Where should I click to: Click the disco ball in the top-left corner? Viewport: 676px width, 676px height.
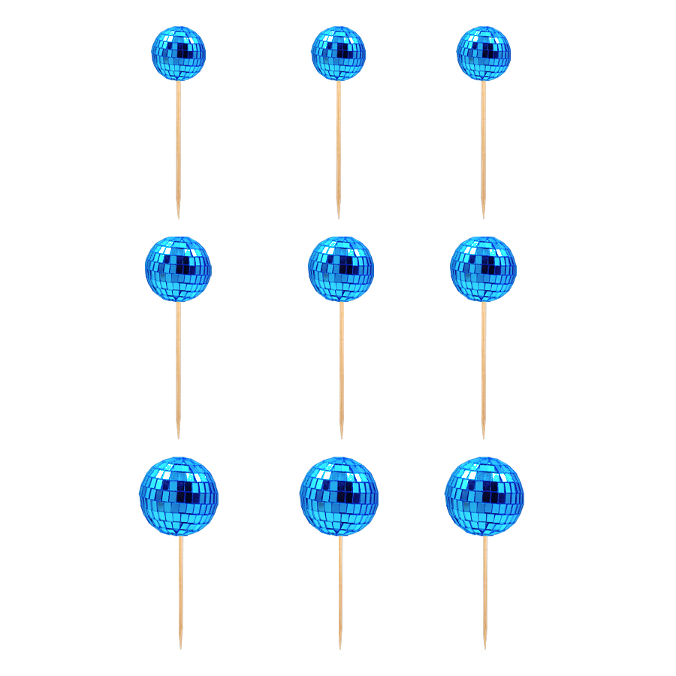pyautogui.click(x=178, y=53)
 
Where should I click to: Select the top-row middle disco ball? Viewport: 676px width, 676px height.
pyautogui.click(x=338, y=53)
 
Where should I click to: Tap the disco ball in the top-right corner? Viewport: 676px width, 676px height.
pyautogui.click(x=483, y=53)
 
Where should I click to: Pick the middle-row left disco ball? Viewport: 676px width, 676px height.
pyautogui.click(x=178, y=269)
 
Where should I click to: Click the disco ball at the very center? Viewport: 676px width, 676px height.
pyautogui.click(x=340, y=269)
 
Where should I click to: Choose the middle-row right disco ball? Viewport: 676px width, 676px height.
pyautogui.click(x=483, y=269)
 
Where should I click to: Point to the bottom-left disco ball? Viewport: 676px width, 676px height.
pyautogui.click(x=179, y=496)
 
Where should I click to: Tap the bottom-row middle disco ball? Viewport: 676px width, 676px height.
pyautogui.click(x=339, y=496)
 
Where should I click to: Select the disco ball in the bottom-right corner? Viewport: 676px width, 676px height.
pyautogui.click(x=484, y=496)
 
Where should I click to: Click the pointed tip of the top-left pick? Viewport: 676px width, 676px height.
pyautogui.click(x=178, y=217)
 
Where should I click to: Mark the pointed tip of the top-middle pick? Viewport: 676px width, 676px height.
pyautogui.click(x=338, y=217)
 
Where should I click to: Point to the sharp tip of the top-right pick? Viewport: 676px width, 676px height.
pyautogui.click(x=483, y=217)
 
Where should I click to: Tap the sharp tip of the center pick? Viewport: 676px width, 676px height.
pyautogui.click(x=341, y=438)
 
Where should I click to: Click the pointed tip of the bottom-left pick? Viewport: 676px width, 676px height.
pyautogui.click(x=180, y=647)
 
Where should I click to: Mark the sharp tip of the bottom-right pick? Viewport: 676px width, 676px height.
pyautogui.click(x=484, y=647)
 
